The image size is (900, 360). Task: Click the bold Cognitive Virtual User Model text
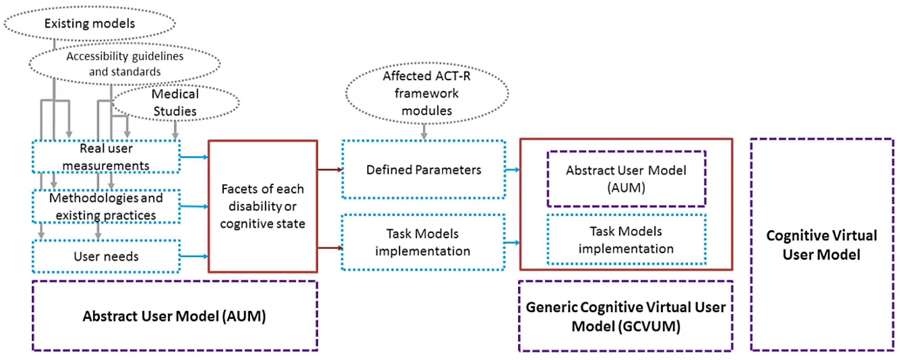click(821, 245)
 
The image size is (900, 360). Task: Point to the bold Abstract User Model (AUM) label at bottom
click(174, 316)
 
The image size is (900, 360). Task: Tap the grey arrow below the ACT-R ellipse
click(424, 132)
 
